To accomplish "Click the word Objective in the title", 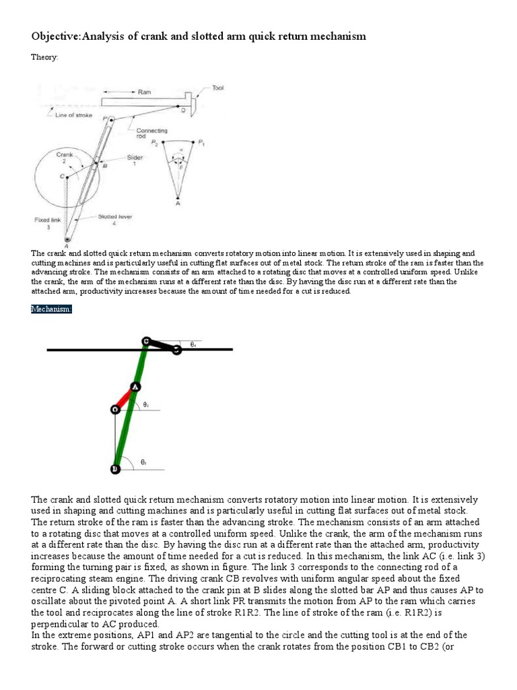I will point(55,36).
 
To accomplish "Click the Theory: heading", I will point(44,57).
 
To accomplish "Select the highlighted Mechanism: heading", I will point(51,309).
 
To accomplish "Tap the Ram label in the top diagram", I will point(144,92).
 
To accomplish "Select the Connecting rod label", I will point(152,133).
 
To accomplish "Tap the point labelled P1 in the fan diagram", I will point(199,142).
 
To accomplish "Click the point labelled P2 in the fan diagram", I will point(156,143).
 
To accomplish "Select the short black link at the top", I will point(162,346).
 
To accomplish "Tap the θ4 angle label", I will point(193,344).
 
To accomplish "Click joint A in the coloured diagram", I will point(135,387).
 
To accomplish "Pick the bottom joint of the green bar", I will point(115,468).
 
